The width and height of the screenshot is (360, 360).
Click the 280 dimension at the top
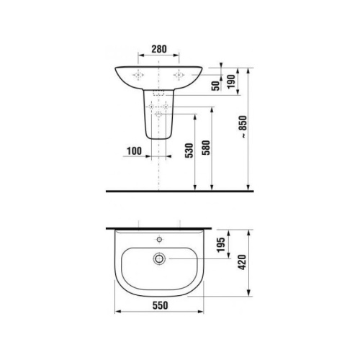[159, 50]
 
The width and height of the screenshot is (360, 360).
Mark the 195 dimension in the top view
[220, 248]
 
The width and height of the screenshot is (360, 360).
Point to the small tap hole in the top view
[159, 237]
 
